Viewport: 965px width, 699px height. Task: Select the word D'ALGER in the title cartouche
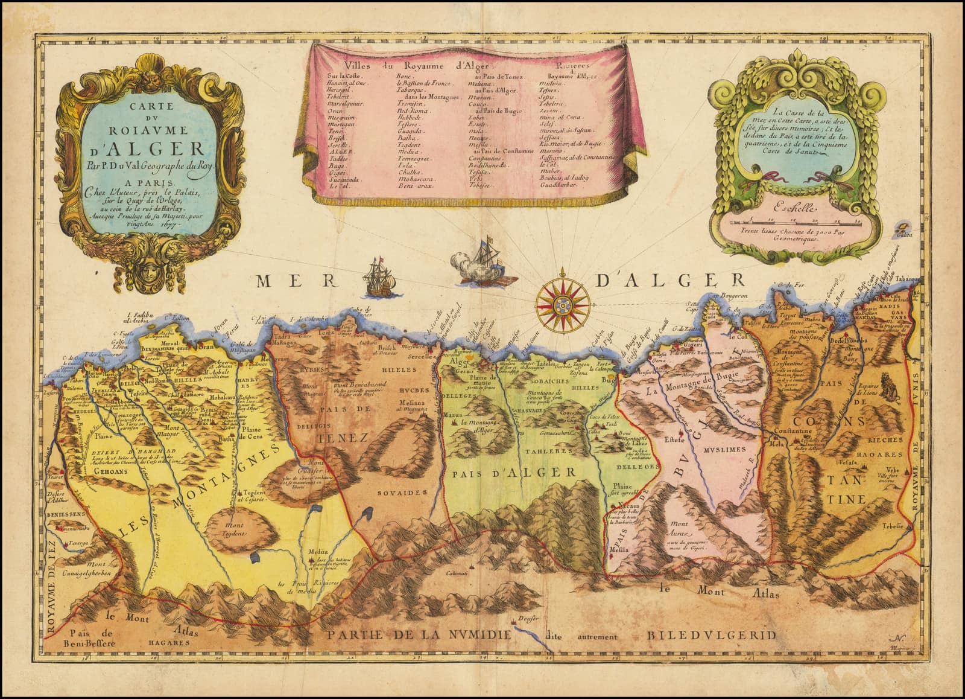coord(147,148)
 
